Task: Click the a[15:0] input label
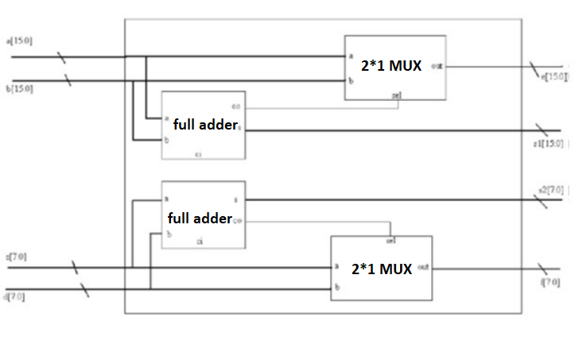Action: click(19, 41)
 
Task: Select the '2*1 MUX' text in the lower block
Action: click(382, 269)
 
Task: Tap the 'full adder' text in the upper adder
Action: click(205, 125)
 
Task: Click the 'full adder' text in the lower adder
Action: click(200, 218)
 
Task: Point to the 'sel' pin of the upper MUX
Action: click(396, 95)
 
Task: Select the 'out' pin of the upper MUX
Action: click(437, 66)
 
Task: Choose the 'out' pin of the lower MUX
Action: click(423, 267)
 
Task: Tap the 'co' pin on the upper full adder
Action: click(236, 106)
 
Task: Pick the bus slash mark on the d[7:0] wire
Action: click(84, 290)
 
